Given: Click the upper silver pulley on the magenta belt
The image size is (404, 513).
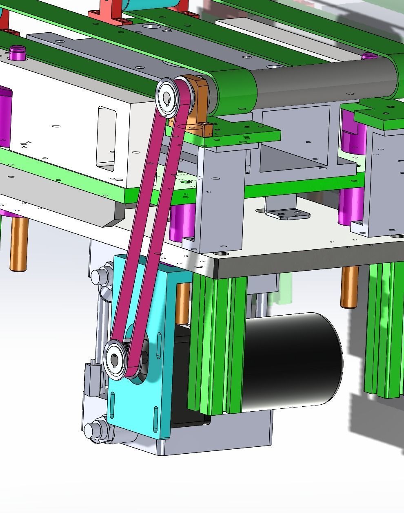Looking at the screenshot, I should (168, 97).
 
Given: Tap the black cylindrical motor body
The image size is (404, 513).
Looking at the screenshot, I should (292, 360).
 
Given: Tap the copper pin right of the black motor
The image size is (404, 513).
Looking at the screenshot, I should (349, 286).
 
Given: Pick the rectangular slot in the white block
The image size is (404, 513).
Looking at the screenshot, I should (106, 137).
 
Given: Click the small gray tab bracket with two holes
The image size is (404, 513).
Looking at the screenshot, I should (288, 214).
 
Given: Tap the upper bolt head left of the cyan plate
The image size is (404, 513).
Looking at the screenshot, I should (98, 276).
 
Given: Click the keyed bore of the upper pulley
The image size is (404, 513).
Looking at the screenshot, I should (167, 97).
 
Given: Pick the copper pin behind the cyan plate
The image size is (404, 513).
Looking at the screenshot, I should (183, 302).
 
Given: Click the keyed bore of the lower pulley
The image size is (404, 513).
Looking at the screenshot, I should (114, 360).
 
